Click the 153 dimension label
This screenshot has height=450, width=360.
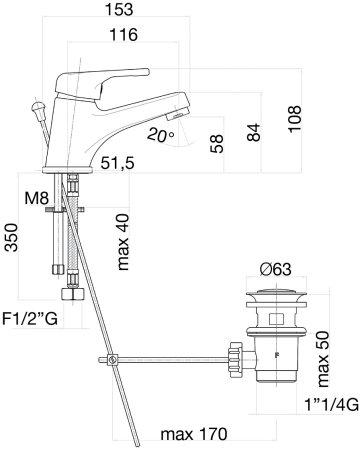click(x=119, y=9)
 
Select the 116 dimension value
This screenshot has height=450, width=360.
click(x=124, y=35)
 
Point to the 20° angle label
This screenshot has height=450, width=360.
click(x=161, y=135)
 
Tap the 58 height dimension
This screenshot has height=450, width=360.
click(x=217, y=144)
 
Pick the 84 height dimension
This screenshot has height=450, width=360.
click(x=254, y=132)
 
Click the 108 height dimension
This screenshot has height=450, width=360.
click(x=295, y=119)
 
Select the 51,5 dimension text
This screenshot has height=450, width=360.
click(x=118, y=163)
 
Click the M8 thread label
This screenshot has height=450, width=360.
click(x=37, y=199)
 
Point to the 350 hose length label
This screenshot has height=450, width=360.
click(x=11, y=238)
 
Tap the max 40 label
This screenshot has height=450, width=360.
click(x=122, y=242)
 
